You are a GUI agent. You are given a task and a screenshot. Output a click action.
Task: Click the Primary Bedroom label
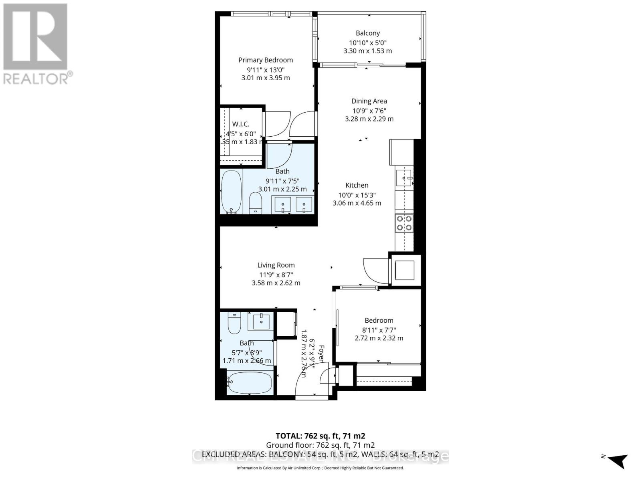pos(266,60)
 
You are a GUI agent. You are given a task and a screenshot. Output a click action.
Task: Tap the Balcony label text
pos(367,33)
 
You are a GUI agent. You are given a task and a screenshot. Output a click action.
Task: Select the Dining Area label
pos(369,101)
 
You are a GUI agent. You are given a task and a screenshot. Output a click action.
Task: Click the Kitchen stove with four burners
pos(404,223)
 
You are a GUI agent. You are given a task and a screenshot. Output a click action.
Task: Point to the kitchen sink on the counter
pos(403,178)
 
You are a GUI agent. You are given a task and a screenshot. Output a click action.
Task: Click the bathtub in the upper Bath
pos(231,192)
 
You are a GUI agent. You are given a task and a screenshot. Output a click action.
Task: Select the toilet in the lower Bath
pos(234,323)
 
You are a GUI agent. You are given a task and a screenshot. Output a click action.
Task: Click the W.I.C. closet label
pos(240,124)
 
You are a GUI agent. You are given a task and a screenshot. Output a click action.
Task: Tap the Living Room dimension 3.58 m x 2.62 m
pos(276,283)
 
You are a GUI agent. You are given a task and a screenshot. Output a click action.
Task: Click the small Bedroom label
pos(379,320)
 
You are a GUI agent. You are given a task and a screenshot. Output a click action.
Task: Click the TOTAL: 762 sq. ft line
pos(320,436)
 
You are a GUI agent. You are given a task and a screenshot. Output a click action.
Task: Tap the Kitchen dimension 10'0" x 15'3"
pos(357,195)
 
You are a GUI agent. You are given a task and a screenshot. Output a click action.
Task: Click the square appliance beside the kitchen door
pos(405,270)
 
